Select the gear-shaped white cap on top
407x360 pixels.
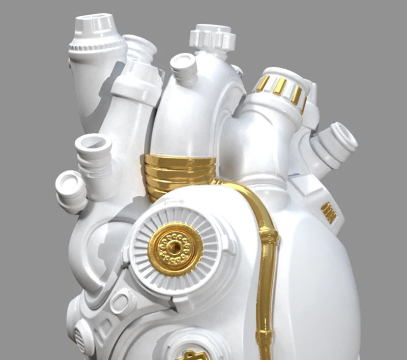[x=213, y=37]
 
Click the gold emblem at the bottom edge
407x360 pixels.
[x=193, y=355]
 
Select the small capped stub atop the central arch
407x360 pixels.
[x=183, y=66]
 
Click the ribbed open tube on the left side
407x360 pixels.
[x=94, y=153]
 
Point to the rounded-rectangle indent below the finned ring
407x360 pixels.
[x=119, y=303]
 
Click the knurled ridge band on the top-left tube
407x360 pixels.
[x=97, y=47]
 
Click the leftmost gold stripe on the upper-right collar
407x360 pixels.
[x=263, y=83]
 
